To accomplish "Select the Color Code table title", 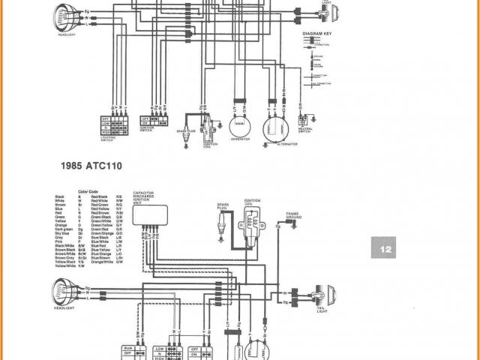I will (88, 191).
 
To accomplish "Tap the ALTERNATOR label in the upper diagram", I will (277, 142).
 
